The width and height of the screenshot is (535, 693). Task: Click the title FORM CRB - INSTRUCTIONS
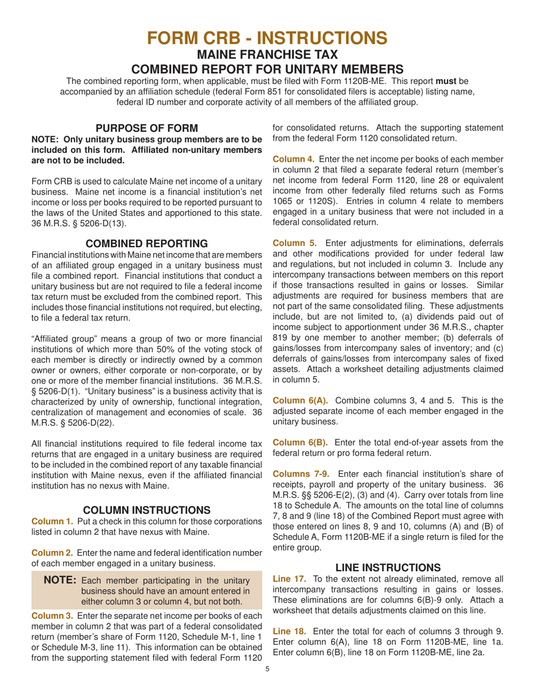[x=267, y=38]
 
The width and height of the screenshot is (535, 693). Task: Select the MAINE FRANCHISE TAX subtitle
[x=267, y=55]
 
